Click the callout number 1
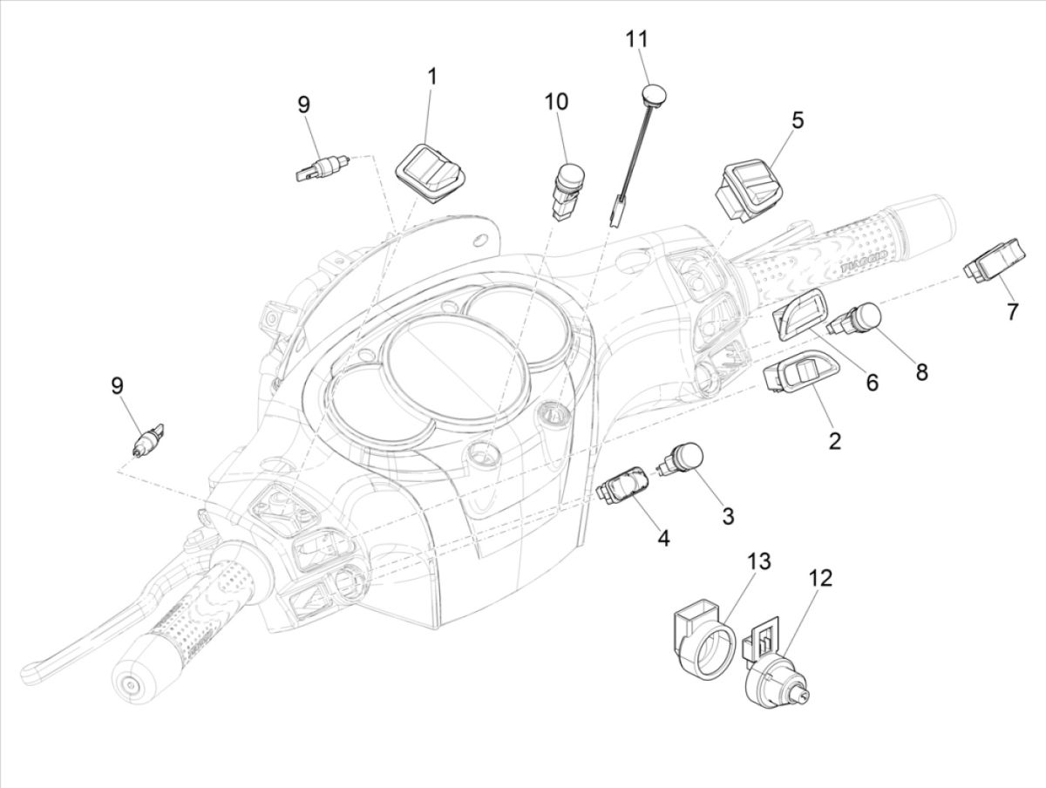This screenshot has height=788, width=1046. tap(431, 76)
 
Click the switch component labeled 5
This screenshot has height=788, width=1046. tap(746, 184)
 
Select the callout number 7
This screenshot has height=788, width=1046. tap(1011, 311)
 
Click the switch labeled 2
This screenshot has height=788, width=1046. tap(794, 379)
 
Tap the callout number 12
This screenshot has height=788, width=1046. tap(819, 578)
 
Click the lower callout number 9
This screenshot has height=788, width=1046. tap(117, 385)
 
